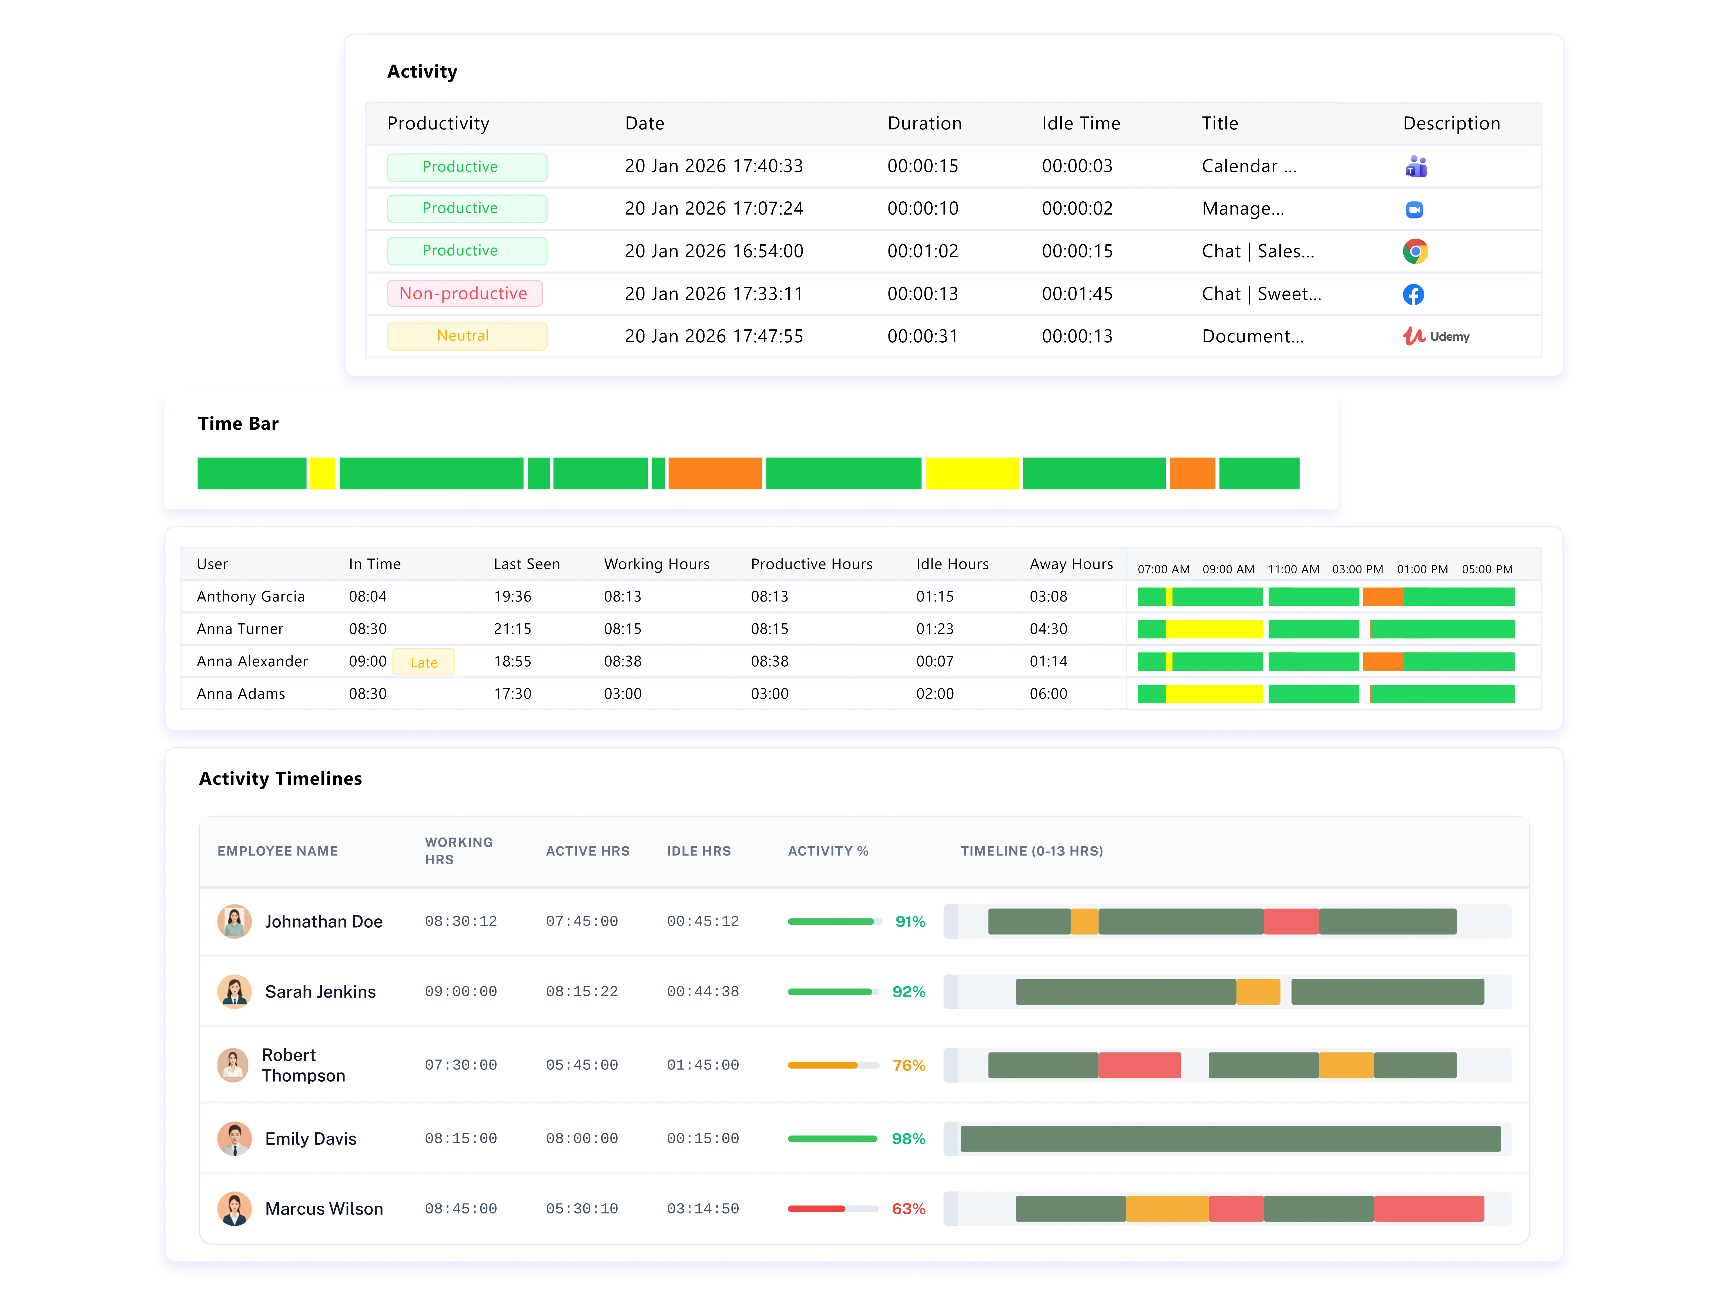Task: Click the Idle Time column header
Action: (1080, 123)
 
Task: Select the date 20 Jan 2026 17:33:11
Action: (714, 294)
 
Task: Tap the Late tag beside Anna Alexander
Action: (424, 662)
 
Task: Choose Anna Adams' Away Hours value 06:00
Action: (1048, 693)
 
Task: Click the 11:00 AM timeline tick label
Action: (1293, 569)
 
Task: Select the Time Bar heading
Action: (238, 424)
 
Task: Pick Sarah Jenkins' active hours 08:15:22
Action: (582, 991)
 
